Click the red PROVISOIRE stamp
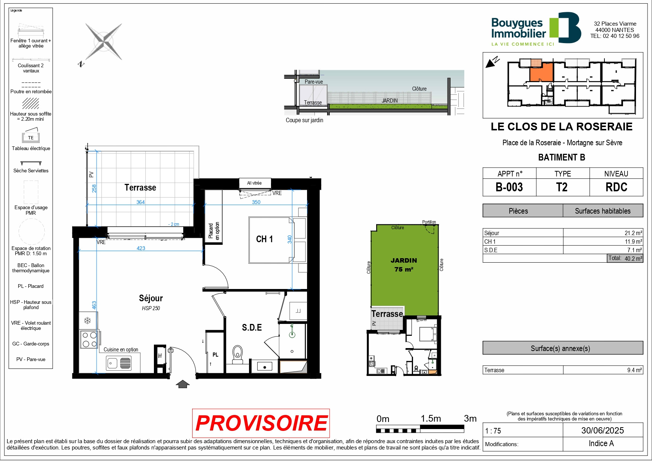(x=261, y=423)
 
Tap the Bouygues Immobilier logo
(x=536, y=29)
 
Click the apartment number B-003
(x=509, y=187)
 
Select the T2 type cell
(x=562, y=187)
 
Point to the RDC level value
(x=616, y=187)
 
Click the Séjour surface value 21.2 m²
(x=633, y=233)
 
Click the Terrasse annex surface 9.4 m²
(x=635, y=370)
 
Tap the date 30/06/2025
(x=603, y=431)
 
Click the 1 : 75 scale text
(x=493, y=431)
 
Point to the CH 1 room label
(x=264, y=239)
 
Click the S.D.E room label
(x=252, y=327)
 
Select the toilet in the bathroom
(x=237, y=354)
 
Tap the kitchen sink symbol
(x=119, y=363)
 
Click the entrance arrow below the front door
(x=182, y=384)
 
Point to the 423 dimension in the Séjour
(x=141, y=248)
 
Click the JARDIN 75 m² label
(x=404, y=265)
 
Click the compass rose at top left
(x=103, y=42)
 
